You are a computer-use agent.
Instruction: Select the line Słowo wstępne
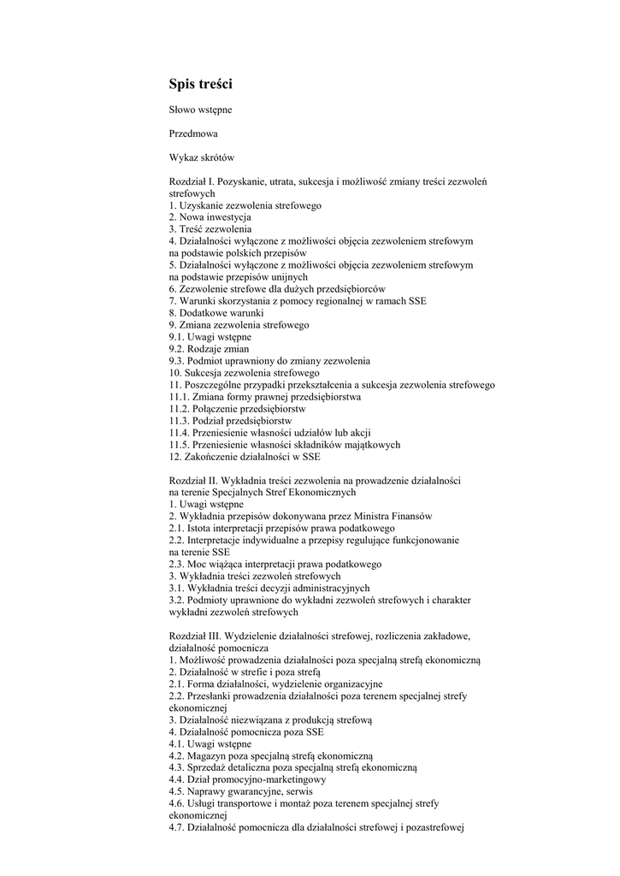tap(199, 109)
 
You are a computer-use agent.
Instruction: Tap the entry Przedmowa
tap(193, 133)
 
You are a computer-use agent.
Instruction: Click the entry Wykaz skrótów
tap(202, 157)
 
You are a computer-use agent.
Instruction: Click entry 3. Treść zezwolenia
tap(210, 229)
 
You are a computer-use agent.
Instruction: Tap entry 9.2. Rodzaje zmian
tap(210, 349)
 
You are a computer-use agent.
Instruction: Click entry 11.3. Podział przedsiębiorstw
tap(231, 421)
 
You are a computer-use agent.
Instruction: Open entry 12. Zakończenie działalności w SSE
tap(245, 457)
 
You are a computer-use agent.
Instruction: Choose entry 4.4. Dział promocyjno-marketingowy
tap(247, 780)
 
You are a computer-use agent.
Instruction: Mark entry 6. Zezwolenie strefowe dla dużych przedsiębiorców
tap(277, 289)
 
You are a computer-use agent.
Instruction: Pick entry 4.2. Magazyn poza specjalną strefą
tap(271, 756)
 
